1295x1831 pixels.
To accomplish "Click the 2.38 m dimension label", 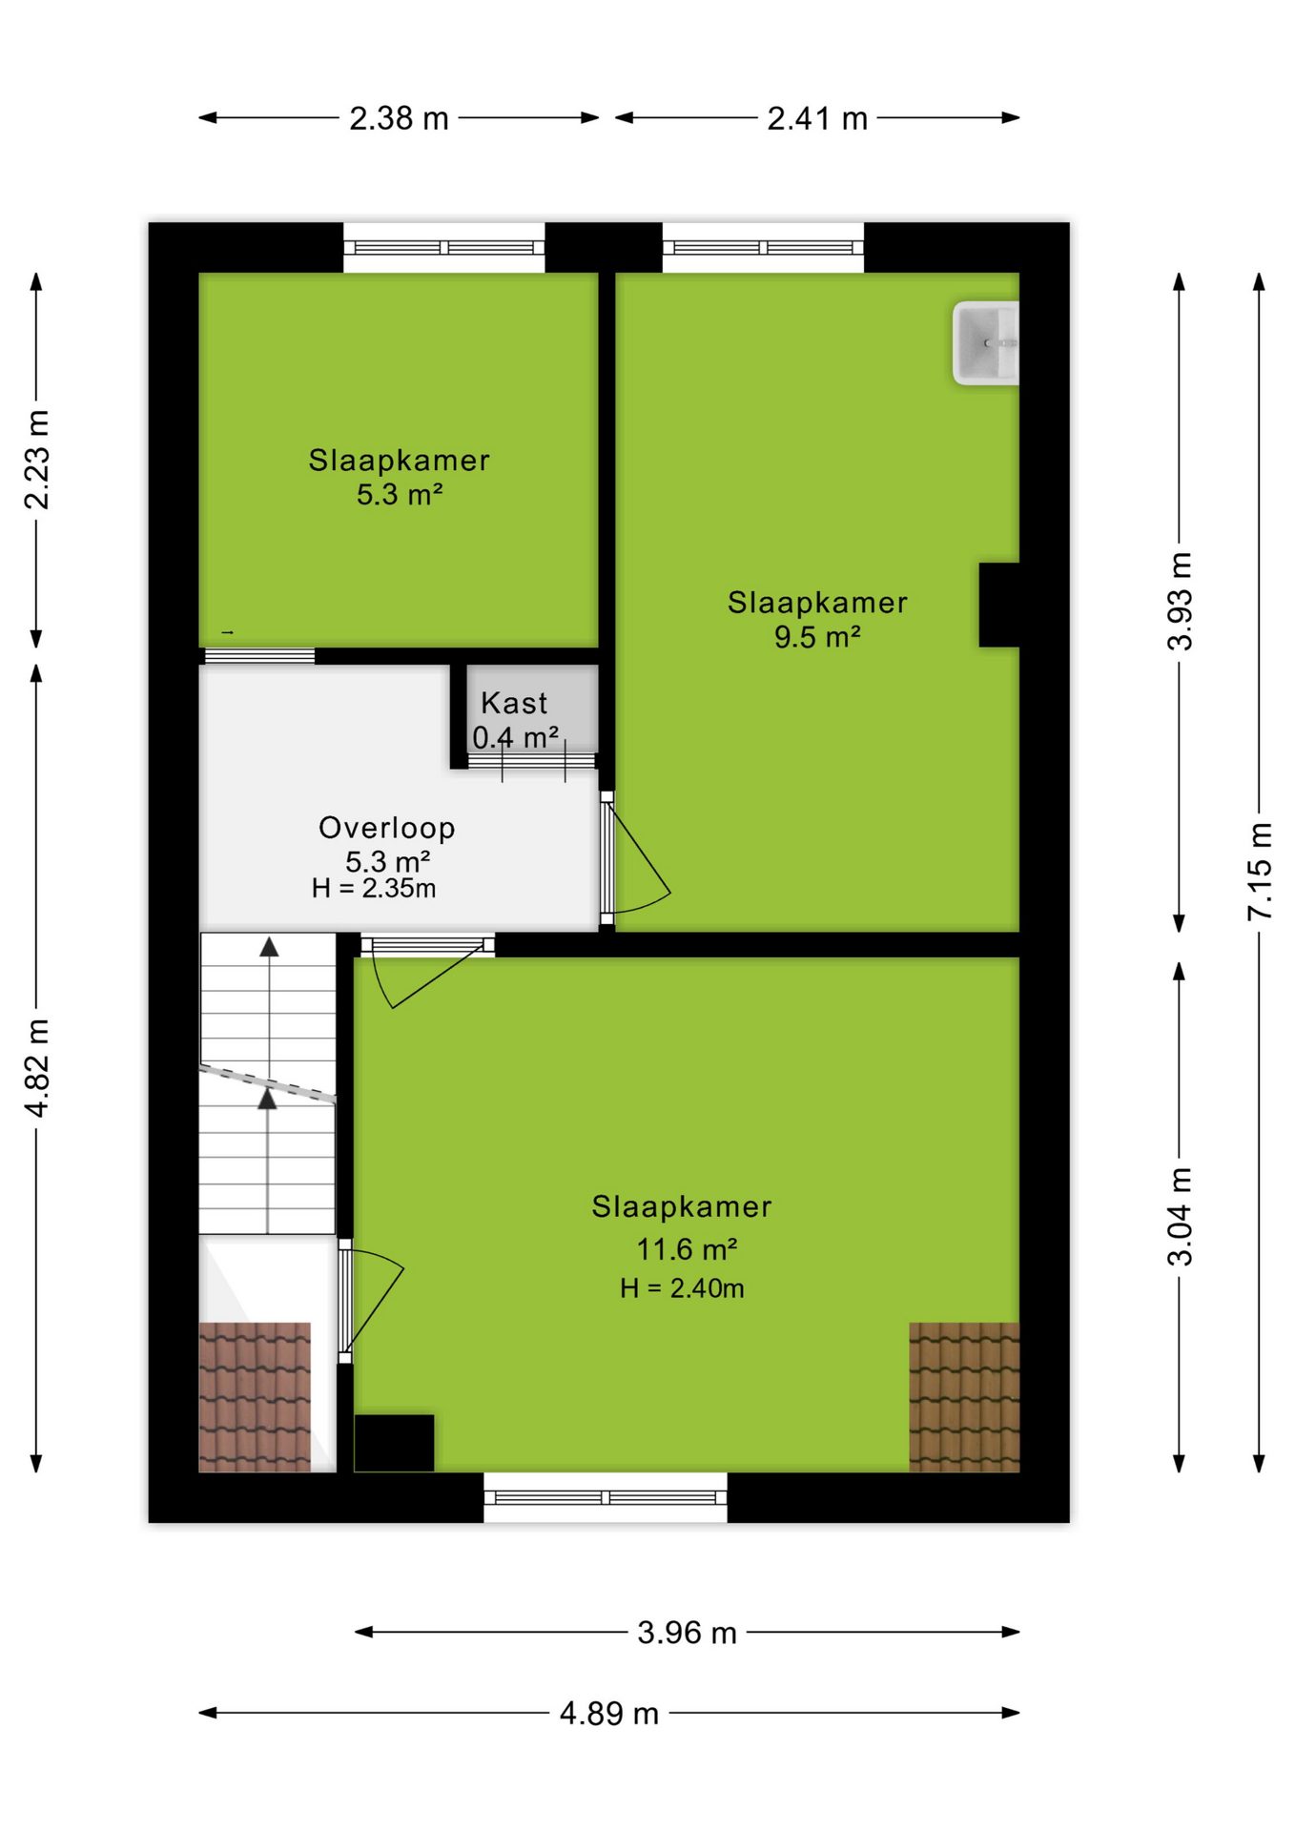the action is (x=399, y=118).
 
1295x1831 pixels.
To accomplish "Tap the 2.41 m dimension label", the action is (x=817, y=118).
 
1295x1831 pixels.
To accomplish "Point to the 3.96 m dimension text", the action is (x=687, y=1633).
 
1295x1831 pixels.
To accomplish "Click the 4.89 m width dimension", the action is (x=609, y=1714).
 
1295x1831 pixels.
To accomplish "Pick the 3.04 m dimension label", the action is (x=1180, y=1216).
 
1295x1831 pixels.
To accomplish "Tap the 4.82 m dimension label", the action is (x=36, y=1067).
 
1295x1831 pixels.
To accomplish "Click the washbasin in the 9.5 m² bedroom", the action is (x=986, y=343).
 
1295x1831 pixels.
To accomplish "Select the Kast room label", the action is (x=514, y=703).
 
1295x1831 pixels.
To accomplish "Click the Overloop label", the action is (x=387, y=828).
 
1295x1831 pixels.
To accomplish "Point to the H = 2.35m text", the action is (x=374, y=889).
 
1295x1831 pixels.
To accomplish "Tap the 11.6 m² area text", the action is (x=687, y=1248).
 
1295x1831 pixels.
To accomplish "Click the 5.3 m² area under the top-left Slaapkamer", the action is (x=400, y=495).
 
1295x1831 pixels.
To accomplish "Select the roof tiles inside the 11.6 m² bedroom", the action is (x=964, y=1397).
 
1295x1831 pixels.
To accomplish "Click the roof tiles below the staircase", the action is (x=255, y=1397).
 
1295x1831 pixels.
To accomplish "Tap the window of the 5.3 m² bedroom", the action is (x=443, y=248).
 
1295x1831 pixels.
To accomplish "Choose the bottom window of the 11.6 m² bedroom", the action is (x=606, y=1497).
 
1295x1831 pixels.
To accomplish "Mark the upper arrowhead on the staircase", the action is (x=270, y=947).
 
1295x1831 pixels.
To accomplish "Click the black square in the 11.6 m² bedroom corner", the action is (x=394, y=1443).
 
